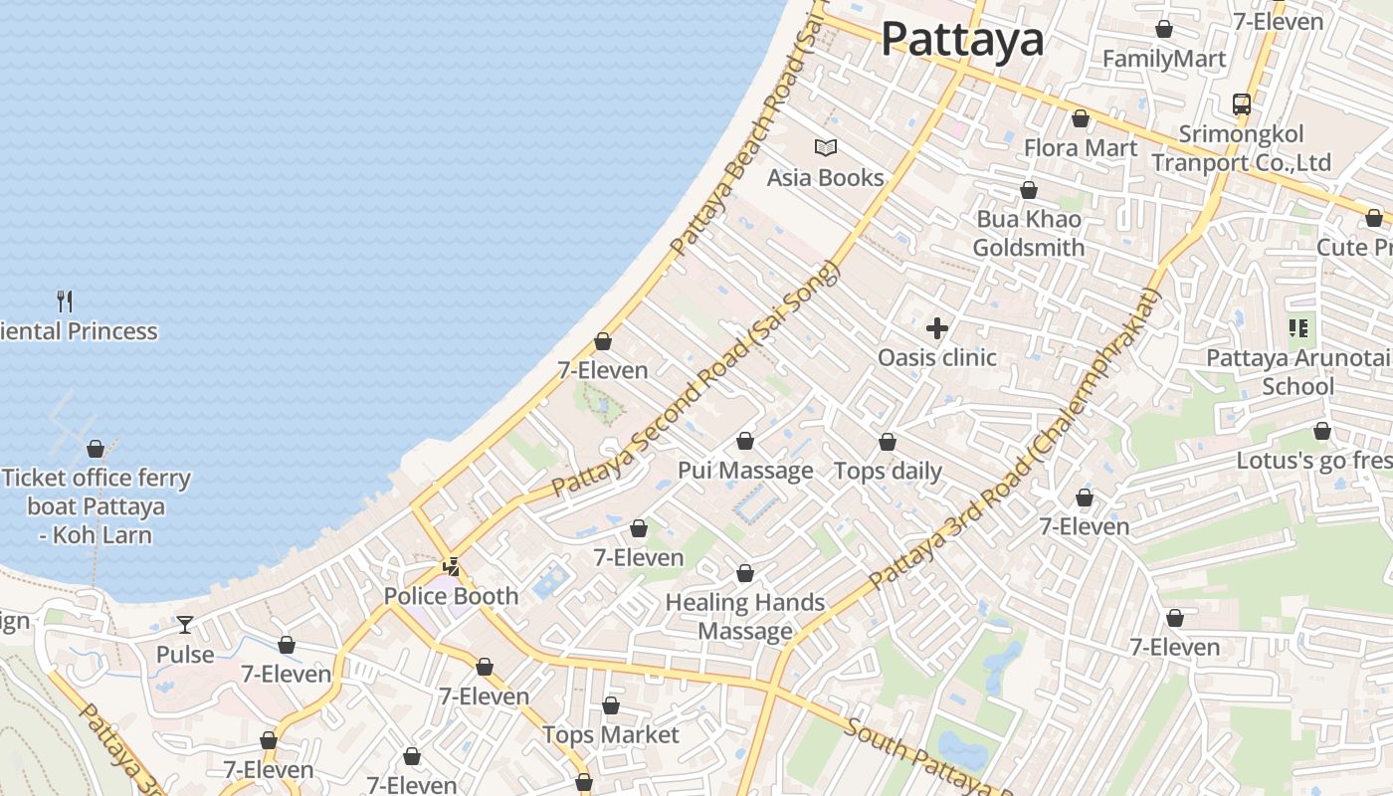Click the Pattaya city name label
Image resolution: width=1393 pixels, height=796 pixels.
962,40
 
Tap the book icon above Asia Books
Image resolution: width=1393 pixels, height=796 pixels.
826,148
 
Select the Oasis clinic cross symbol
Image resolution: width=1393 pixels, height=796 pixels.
936,327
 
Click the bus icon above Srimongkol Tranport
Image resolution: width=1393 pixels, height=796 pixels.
1242,103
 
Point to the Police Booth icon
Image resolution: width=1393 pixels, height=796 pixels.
452,567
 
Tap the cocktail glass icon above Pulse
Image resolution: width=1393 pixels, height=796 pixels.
185,625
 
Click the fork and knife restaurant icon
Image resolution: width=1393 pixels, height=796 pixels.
65,300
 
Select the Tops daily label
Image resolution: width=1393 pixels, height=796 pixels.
888,471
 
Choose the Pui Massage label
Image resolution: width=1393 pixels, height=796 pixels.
745,471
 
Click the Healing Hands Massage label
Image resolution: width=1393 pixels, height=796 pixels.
745,616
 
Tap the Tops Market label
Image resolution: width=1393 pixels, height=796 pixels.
610,735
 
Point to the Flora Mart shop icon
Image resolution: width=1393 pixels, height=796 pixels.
1081,119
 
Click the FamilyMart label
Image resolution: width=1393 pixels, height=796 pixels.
1164,59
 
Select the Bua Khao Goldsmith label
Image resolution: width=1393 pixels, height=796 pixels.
1029,233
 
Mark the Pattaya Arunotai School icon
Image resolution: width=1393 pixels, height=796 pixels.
1298,327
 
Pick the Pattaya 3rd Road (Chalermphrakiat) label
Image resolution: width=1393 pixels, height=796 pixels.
1015,438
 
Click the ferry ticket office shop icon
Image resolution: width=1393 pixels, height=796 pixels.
96,449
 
